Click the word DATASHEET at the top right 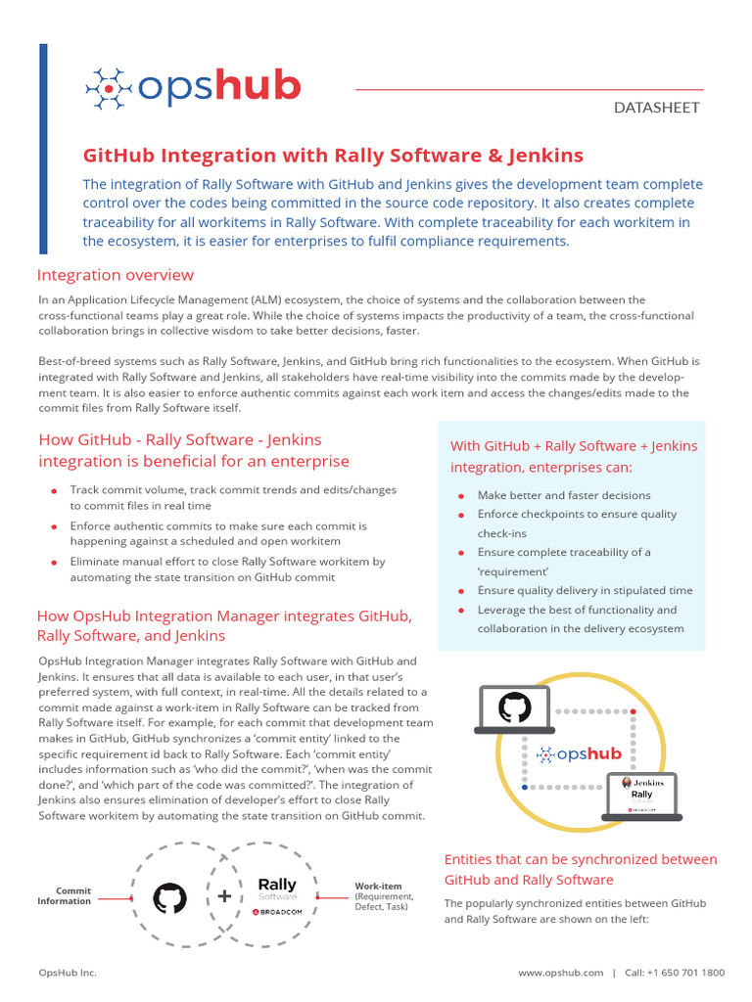656,108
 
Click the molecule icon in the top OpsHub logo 108,87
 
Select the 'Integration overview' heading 116,275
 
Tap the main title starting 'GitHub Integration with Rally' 333,156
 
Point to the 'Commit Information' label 65,896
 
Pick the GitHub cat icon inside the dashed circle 170,897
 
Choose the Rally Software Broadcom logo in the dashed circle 277,895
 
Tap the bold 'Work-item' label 378,887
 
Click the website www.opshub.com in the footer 560,973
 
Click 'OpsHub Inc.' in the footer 67,973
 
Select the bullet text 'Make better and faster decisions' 564,495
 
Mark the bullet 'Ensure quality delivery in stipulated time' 585,590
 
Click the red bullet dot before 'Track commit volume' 53,489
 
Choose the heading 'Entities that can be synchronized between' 581,859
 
